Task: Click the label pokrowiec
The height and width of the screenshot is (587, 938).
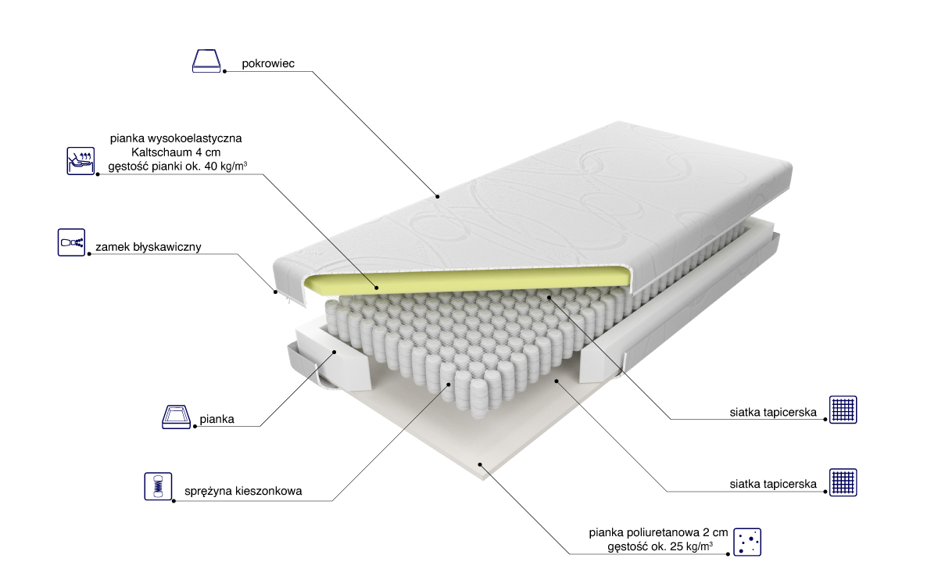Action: point(268,63)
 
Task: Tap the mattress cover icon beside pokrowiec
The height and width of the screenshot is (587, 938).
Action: point(206,61)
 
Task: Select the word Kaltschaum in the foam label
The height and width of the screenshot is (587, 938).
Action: point(163,152)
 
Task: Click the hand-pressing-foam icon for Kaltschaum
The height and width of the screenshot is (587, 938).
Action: point(81,161)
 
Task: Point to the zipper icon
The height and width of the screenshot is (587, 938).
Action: point(72,242)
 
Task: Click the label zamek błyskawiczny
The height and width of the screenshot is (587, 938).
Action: point(149,247)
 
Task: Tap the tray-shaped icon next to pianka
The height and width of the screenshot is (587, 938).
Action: point(177,417)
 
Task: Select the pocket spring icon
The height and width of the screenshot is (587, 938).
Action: point(158,486)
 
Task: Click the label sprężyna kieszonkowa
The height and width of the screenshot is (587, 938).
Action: point(243,491)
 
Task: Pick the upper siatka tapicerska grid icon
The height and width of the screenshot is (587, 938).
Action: point(843,410)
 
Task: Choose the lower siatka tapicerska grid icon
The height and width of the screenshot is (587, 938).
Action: point(843,482)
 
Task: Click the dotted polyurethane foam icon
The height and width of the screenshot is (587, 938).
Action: point(747,542)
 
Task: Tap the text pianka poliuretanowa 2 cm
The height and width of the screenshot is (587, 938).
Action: point(658,532)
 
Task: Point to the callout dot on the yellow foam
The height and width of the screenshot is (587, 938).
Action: point(377,288)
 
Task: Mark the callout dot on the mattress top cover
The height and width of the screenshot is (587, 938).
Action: point(437,196)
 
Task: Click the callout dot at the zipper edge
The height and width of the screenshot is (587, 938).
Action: point(275,292)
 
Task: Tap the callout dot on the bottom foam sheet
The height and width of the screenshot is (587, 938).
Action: point(480,464)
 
